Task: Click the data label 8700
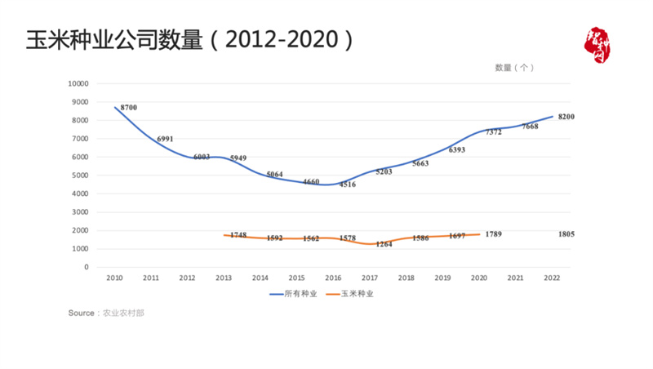point(128,108)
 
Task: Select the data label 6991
point(165,139)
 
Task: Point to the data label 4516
point(347,184)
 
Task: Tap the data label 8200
point(566,117)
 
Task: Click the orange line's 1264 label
point(384,244)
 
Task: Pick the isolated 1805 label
point(566,234)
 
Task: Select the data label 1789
point(493,234)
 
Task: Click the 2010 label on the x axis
point(115,278)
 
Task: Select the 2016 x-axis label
point(333,278)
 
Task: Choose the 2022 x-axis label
point(552,278)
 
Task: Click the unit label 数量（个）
point(514,68)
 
